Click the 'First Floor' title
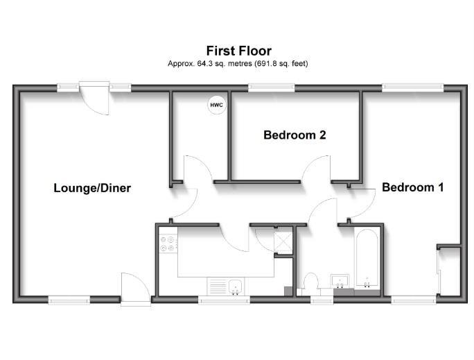(x=238, y=51)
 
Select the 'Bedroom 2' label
(x=295, y=135)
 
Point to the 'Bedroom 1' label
(x=412, y=187)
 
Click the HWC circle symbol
(x=217, y=105)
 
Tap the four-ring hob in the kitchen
(x=168, y=244)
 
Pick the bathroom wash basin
(x=340, y=282)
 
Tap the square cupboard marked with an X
(x=284, y=241)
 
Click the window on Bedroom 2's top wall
(x=270, y=87)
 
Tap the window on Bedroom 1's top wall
(x=413, y=87)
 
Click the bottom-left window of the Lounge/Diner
(x=69, y=300)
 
